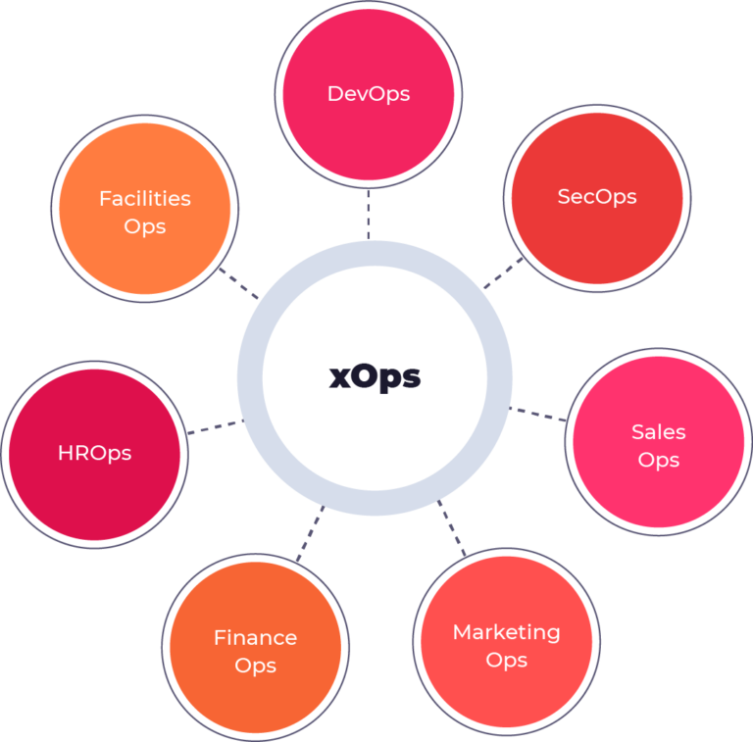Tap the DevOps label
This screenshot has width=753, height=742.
tap(369, 94)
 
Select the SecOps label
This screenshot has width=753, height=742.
tap(597, 196)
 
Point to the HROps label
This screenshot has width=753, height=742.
tap(94, 453)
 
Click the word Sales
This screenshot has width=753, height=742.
tap(659, 431)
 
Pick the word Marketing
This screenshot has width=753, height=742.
tap(506, 632)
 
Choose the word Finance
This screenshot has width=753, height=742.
tap(255, 637)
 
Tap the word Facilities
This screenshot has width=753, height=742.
tap(145, 198)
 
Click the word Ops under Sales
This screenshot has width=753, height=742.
tap(659, 460)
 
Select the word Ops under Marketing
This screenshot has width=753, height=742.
tap(506, 661)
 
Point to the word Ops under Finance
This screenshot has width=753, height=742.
tap(255, 666)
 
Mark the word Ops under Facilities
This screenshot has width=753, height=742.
tap(145, 226)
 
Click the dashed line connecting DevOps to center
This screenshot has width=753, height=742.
tap(369, 214)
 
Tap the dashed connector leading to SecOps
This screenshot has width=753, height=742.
tap(504, 274)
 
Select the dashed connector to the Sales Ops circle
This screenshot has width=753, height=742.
tap(540, 414)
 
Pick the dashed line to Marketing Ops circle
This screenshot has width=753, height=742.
tap(452, 529)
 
